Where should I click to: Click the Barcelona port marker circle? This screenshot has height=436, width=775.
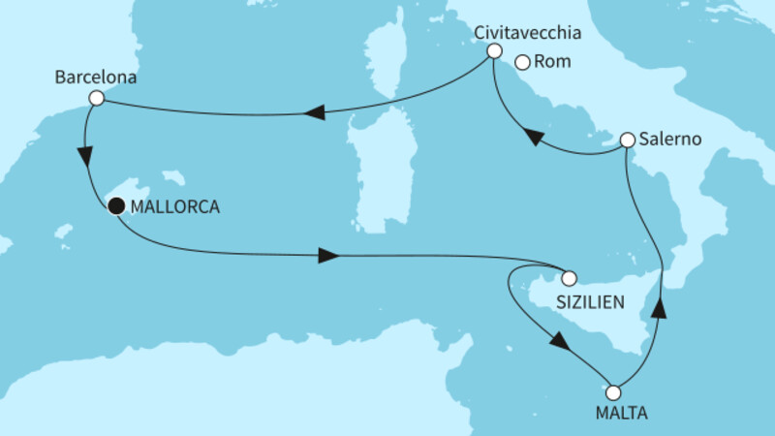[95, 98]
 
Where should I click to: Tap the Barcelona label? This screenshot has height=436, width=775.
[96, 75]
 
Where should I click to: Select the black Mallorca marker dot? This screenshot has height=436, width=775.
[116, 204]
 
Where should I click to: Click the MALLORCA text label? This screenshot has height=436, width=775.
[175, 205]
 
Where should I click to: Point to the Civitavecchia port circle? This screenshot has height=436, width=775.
[493, 50]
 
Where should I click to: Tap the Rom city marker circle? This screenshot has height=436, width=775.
[522, 63]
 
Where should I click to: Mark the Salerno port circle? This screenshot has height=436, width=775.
[627, 140]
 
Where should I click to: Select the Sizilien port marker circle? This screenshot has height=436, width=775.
[570, 276]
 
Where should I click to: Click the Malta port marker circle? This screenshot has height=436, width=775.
[612, 392]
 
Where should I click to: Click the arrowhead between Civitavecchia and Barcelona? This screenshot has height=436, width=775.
[313, 113]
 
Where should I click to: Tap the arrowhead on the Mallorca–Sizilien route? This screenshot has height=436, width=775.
[327, 256]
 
